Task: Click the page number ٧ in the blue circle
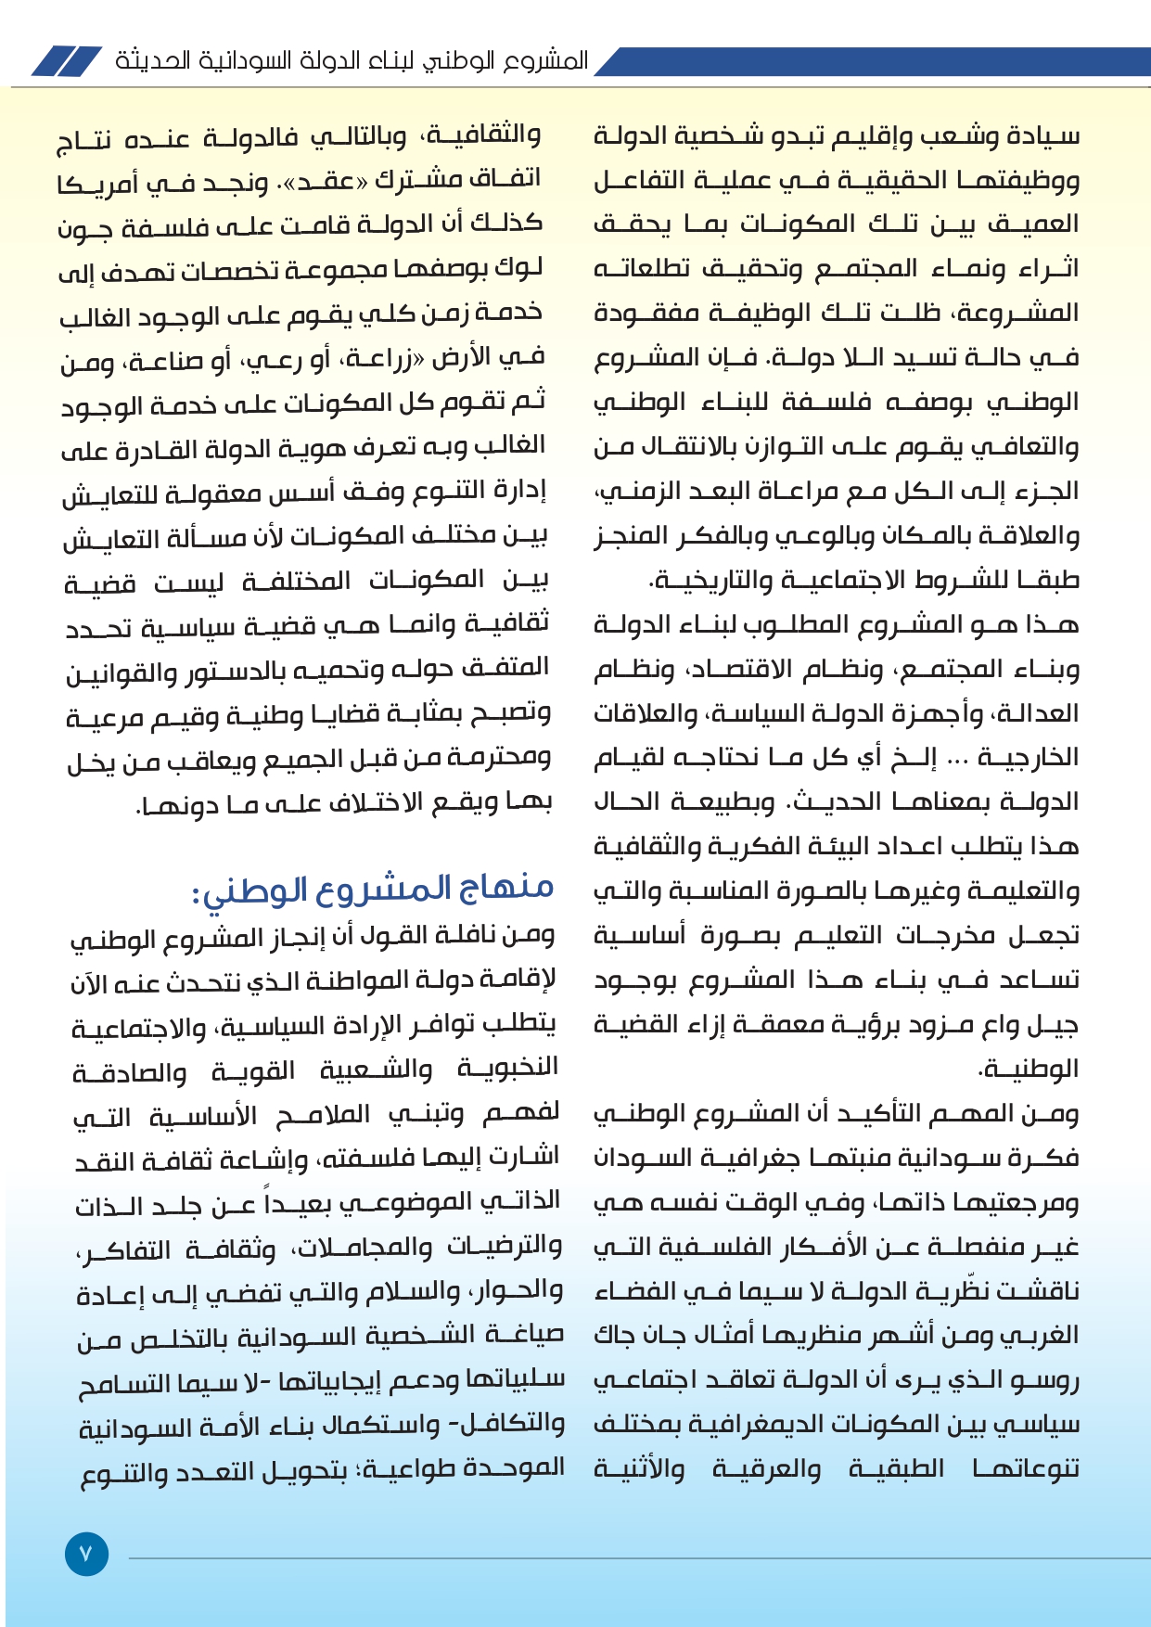tap(86, 1554)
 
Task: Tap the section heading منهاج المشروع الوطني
tap(373, 888)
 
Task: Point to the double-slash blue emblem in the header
tap(66, 61)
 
